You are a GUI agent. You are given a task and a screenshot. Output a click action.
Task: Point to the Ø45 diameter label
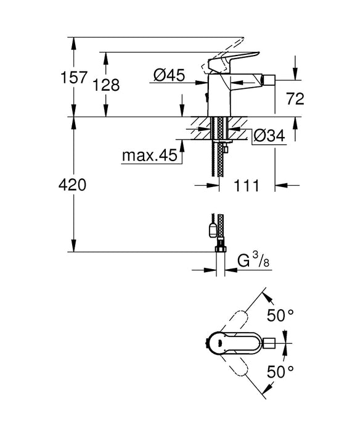pos(168,76)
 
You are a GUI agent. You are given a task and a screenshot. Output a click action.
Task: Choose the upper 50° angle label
pos(280,316)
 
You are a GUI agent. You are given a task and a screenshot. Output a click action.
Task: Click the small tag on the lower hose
pos(210,231)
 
